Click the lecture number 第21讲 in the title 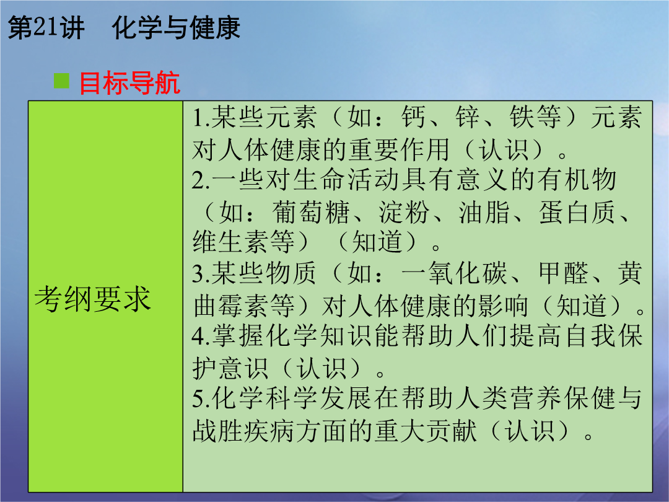click(x=46, y=28)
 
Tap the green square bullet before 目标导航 click(x=61, y=81)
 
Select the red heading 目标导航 click(x=129, y=82)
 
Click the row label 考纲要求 click(x=92, y=298)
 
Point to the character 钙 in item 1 click(x=413, y=117)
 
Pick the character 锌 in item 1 click(x=467, y=117)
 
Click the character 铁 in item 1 click(x=522, y=117)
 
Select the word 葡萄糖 click(x=311, y=212)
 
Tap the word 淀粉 click(x=403, y=212)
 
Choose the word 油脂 click(x=484, y=212)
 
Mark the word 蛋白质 click(x=577, y=212)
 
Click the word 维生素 click(x=230, y=242)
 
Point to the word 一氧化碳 click(x=453, y=273)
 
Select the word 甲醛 click(x=563, y=273)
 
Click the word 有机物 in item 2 click(x=577, y=180)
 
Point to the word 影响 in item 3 click(x=502, y=306)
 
